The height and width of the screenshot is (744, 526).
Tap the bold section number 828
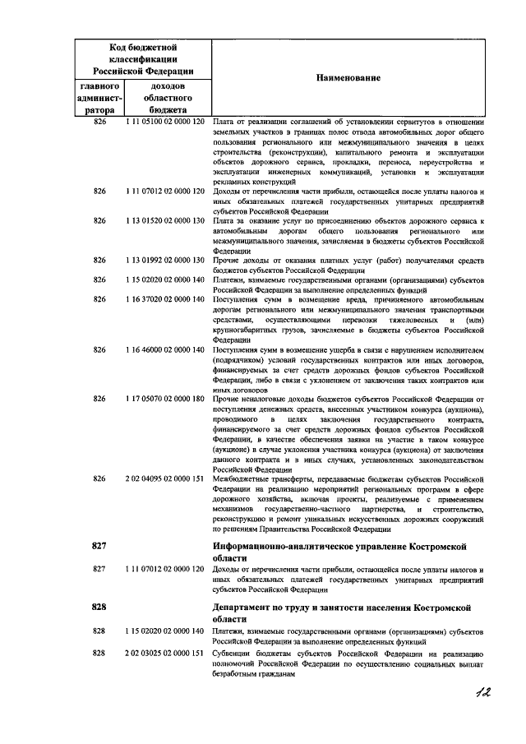coord(100,606)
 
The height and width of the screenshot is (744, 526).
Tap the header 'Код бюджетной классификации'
coord(145,58)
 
